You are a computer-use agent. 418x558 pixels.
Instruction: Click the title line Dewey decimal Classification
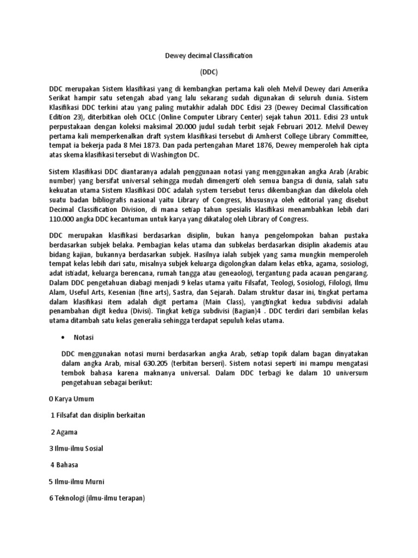209,56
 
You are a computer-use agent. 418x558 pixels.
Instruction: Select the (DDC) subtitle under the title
209,71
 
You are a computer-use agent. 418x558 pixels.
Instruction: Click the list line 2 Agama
64,432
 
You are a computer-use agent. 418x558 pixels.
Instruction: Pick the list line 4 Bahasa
64,465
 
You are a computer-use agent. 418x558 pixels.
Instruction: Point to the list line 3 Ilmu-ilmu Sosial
76,448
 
